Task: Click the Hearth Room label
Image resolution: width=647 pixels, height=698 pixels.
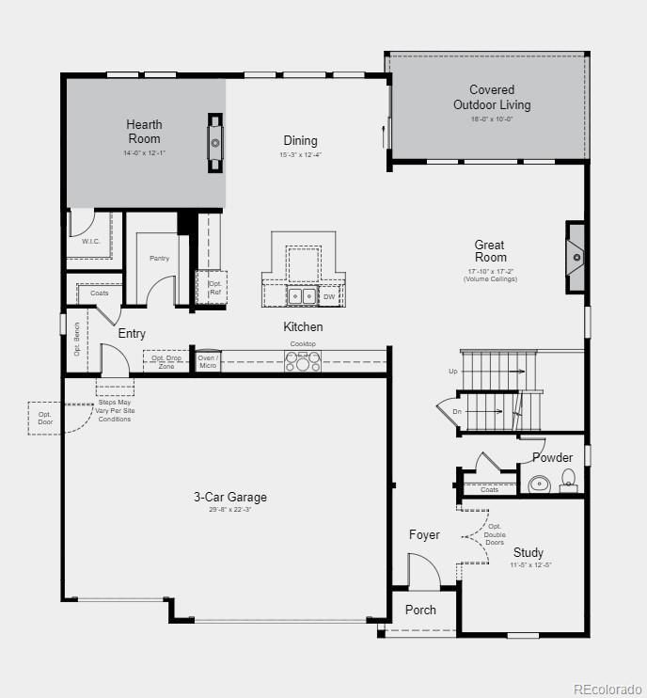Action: click(145, 132)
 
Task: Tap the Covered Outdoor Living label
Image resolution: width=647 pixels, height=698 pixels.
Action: click(492, 98)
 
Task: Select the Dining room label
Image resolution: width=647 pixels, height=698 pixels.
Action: click(301, 141)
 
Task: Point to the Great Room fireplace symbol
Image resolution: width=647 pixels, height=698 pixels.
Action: click(575, 256)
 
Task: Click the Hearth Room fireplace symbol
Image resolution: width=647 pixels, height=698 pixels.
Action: click(215, 143)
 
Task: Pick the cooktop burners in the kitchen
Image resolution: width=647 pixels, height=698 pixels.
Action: click(303, 361)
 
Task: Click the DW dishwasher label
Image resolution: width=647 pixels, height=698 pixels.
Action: click(329, 297)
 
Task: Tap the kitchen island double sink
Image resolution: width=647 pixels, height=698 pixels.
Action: click(302, 295)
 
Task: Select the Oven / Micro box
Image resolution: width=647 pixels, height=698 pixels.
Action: click(208, 361)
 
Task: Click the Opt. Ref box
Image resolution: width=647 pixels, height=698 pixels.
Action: click(215, 288)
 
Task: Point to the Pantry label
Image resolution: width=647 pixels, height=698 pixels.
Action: click(159, 259)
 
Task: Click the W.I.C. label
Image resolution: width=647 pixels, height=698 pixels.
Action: click(90, 242)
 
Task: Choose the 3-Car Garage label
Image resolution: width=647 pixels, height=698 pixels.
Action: click(230, 498)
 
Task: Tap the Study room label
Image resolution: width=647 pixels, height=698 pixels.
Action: click(529, 553)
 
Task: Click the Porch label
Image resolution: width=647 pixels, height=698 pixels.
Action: click(420, 611)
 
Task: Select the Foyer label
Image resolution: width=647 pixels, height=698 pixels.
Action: click(424, 535)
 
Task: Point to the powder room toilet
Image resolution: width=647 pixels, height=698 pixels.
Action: click(568, 484)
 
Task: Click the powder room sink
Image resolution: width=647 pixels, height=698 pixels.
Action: click(539, 484)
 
